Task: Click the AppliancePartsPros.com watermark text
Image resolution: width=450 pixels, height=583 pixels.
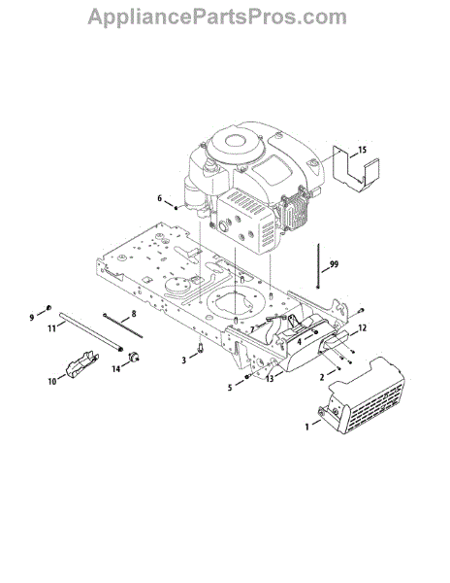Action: [217, 17]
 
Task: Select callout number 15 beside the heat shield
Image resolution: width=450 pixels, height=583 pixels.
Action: [362, 150]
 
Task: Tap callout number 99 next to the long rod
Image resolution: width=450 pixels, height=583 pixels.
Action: [334, 264]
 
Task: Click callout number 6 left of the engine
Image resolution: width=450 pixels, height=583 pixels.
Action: [159, 198]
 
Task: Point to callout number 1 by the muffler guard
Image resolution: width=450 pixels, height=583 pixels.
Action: [306, 428]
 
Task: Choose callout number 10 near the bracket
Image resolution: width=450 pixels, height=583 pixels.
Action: [52, 381]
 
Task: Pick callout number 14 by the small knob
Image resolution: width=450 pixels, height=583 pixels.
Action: [116, 369]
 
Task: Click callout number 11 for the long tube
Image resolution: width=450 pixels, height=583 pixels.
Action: [51, 328]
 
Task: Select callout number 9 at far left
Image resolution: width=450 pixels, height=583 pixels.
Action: [32, 317]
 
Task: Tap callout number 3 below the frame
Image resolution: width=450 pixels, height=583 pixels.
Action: [183, 360]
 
